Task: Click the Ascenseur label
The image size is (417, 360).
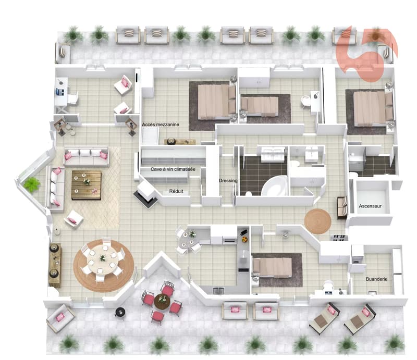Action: coord(370,206)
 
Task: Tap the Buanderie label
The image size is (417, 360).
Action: coord(376,279)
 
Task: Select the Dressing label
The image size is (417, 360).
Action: coord(228,181)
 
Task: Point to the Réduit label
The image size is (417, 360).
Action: coord(176,191)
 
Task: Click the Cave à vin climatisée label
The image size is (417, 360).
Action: coord(173,169)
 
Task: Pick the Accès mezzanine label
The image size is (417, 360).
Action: coord(161,125)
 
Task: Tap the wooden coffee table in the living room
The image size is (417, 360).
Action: coord(87,185)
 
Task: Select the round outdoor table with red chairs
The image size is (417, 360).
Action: coord(162,301)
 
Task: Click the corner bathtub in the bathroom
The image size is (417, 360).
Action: coord(275,185)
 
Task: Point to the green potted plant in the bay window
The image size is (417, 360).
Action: coord(32,184)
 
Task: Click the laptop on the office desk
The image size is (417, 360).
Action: coord(60,92)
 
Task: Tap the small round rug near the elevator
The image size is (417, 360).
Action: coord(317,221)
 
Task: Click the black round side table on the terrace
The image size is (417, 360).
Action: coord(120,312)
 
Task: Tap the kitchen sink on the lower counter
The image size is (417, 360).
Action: coord(218,290)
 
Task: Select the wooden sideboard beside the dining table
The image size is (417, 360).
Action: coord(55,265)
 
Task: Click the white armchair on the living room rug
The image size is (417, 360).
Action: coord(73,219)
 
